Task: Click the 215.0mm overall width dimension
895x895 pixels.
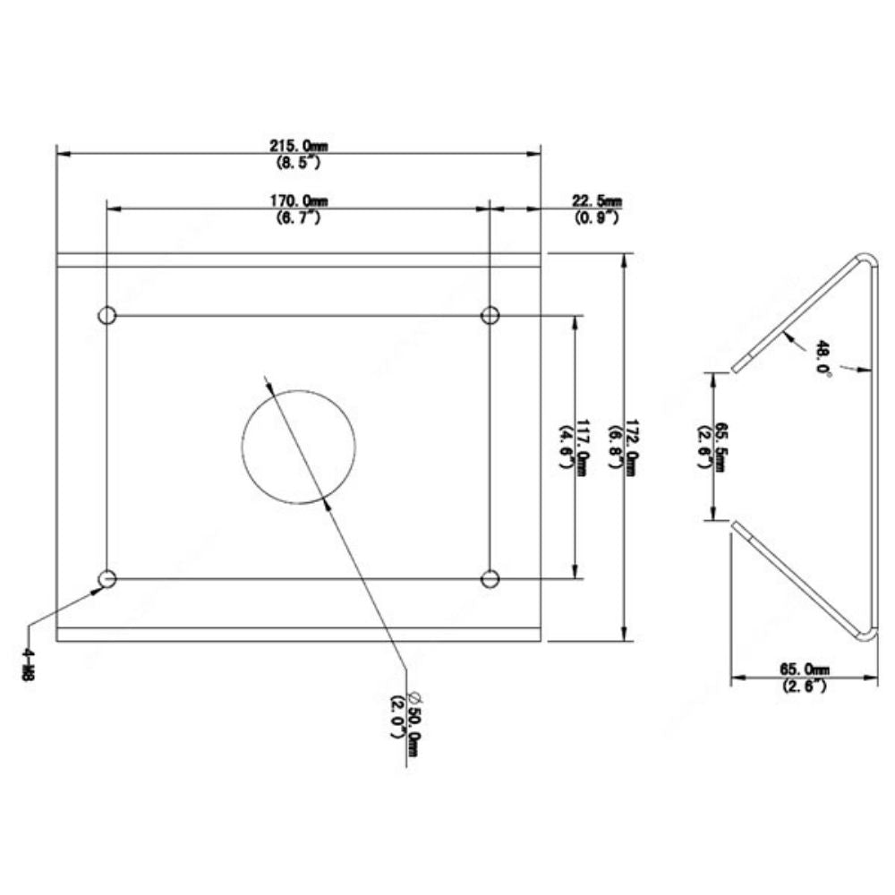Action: [x=299, y=146]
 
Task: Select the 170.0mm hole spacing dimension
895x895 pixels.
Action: [x=299, y=201]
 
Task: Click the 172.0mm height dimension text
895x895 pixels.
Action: [x=632, y=447]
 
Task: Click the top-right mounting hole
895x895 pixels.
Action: [x=490, y=315]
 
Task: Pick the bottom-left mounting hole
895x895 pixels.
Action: [x=107, y=579]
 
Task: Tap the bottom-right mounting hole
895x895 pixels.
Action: [x=490, y=579]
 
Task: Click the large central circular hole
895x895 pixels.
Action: [x=299, y=447]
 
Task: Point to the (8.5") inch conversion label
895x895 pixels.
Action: [x=299, y=163]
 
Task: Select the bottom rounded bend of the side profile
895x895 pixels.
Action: [x=865, y=633]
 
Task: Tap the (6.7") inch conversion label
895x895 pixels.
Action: [x=299, y=217]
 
